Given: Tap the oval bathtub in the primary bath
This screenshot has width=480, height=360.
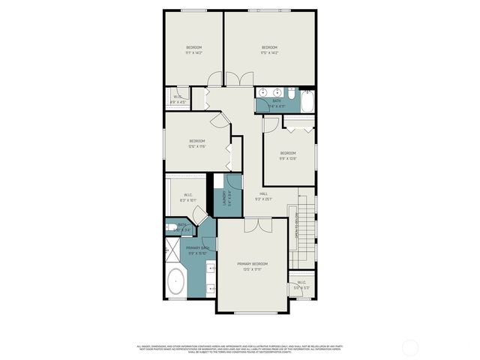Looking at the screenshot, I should (175, 282).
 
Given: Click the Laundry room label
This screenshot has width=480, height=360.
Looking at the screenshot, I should (223, 199).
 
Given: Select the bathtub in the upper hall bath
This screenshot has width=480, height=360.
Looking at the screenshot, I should (307, 100).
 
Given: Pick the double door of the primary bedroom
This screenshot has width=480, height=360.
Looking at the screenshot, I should (252, 224).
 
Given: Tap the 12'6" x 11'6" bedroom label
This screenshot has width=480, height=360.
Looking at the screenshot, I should (197, 144).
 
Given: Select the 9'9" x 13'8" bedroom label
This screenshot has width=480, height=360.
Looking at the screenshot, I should (288, 156).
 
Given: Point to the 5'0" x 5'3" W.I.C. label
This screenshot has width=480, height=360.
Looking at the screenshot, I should (301, 285).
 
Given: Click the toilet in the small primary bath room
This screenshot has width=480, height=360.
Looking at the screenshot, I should (172, 227).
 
